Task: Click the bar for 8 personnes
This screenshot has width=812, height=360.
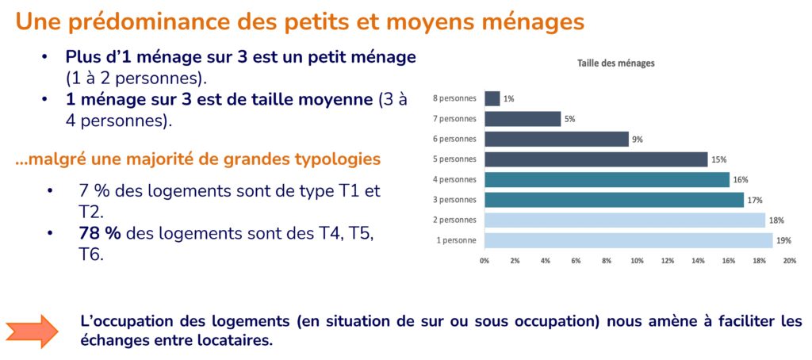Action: point(492,99)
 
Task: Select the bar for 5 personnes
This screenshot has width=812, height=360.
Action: point(596,159)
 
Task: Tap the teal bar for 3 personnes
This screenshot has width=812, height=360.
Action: point(614,200)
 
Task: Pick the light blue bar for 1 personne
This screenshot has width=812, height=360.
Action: point(628,240)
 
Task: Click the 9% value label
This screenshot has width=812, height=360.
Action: point(637,140)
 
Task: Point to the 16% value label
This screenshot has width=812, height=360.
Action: point(741,180)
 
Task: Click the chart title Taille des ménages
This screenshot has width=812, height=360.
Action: point(615,63)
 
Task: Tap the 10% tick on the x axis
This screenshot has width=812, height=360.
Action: point(637,260)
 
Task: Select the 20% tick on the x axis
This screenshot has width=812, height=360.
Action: point(790,260)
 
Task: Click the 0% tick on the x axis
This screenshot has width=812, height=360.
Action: point(485,260)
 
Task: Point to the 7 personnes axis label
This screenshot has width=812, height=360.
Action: point(454,119)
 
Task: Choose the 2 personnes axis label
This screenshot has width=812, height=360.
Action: point(454,220)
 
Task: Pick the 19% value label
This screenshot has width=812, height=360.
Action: point(783,240)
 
